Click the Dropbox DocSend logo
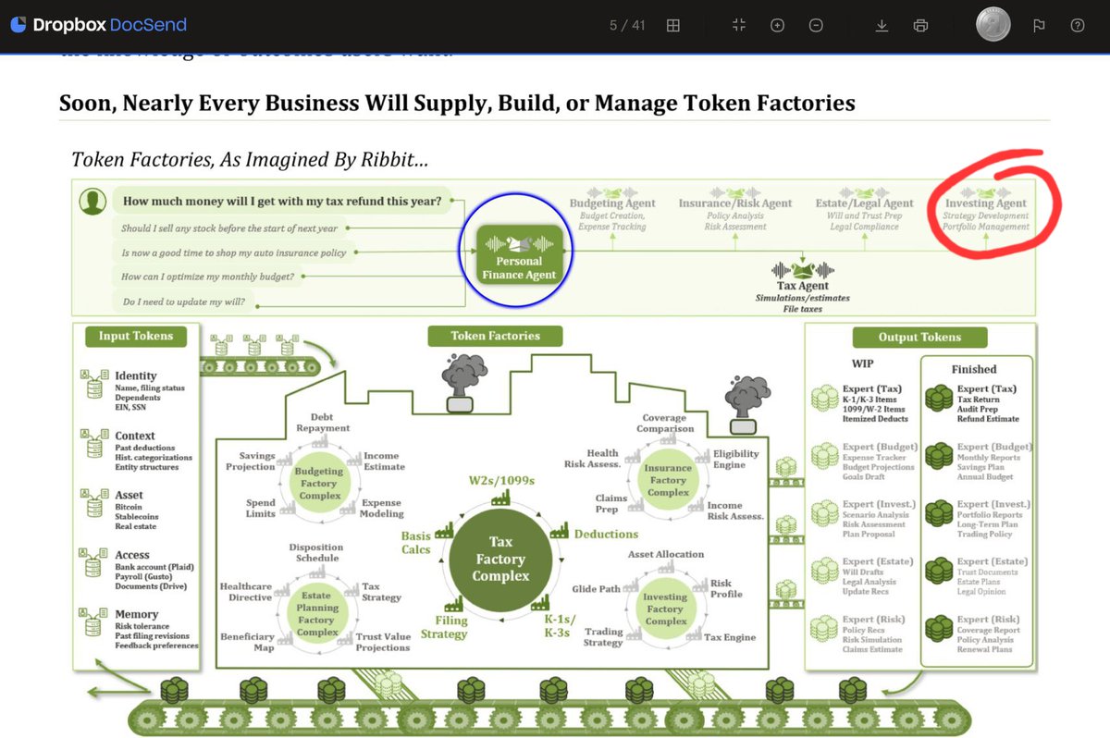click(x=98, y=25)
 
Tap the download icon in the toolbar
click(x=882, y=26)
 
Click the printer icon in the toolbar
click(x=920, y=26)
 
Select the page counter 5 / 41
click(x=627, y=26)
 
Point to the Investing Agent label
click(x=985, y=203)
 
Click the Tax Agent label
click(x=802, y=286)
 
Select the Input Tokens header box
click(x=135, y=336)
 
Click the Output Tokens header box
click(x=919, y=338)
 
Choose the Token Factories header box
click(x=495, y=336)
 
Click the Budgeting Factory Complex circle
click(x=317, y=484)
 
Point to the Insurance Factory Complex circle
click(x=667, y=480)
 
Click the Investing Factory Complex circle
click(x=664, y=609)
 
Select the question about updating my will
click(x=183, y=301)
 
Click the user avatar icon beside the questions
click(x=92, y=203)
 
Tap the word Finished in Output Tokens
click(x=973, y=368)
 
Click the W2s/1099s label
click(x=502, y=480)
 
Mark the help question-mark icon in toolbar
click(x=1077, y=26)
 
